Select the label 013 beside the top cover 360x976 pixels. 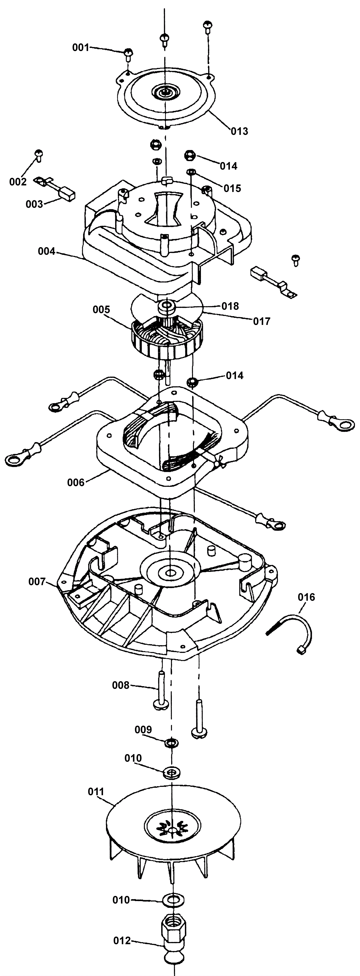click(239, 131)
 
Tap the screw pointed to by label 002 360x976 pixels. click(39, 155)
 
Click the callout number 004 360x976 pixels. click(46, 251)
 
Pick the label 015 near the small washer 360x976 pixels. click(232, 188)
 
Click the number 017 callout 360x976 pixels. click(262, 321)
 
